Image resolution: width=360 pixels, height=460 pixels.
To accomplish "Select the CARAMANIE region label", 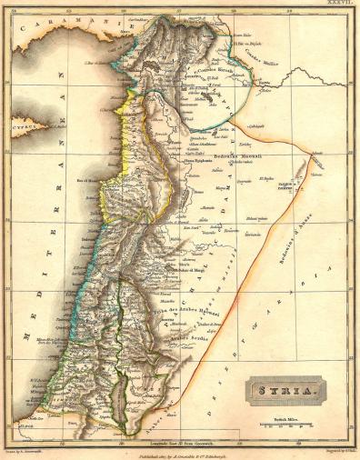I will point(54,35).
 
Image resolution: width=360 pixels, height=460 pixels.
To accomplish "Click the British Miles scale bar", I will point(285,424).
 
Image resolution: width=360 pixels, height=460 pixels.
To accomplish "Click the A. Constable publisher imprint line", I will point(182,452).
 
